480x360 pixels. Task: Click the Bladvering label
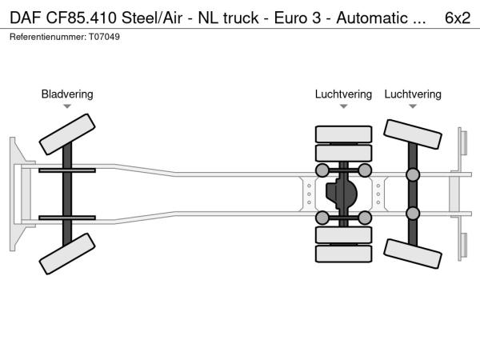tap(67, 94)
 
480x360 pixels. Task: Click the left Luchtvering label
tap(343, 94)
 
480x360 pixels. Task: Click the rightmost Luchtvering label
tap(413, 94)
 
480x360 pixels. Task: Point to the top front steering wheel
tap(67, 134)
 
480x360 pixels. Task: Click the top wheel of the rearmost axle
tap(413, 134)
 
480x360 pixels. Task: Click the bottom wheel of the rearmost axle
tap(413, 254)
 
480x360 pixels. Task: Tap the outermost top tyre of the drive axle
tap(343, 134)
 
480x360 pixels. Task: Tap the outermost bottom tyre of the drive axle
tap(343, 254)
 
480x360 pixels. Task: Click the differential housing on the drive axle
tap(343, 194)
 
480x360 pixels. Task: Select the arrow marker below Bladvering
tap(67, 106)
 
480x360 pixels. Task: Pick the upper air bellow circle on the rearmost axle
tap(413, 175)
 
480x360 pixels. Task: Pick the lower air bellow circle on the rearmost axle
tap(413, 213)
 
